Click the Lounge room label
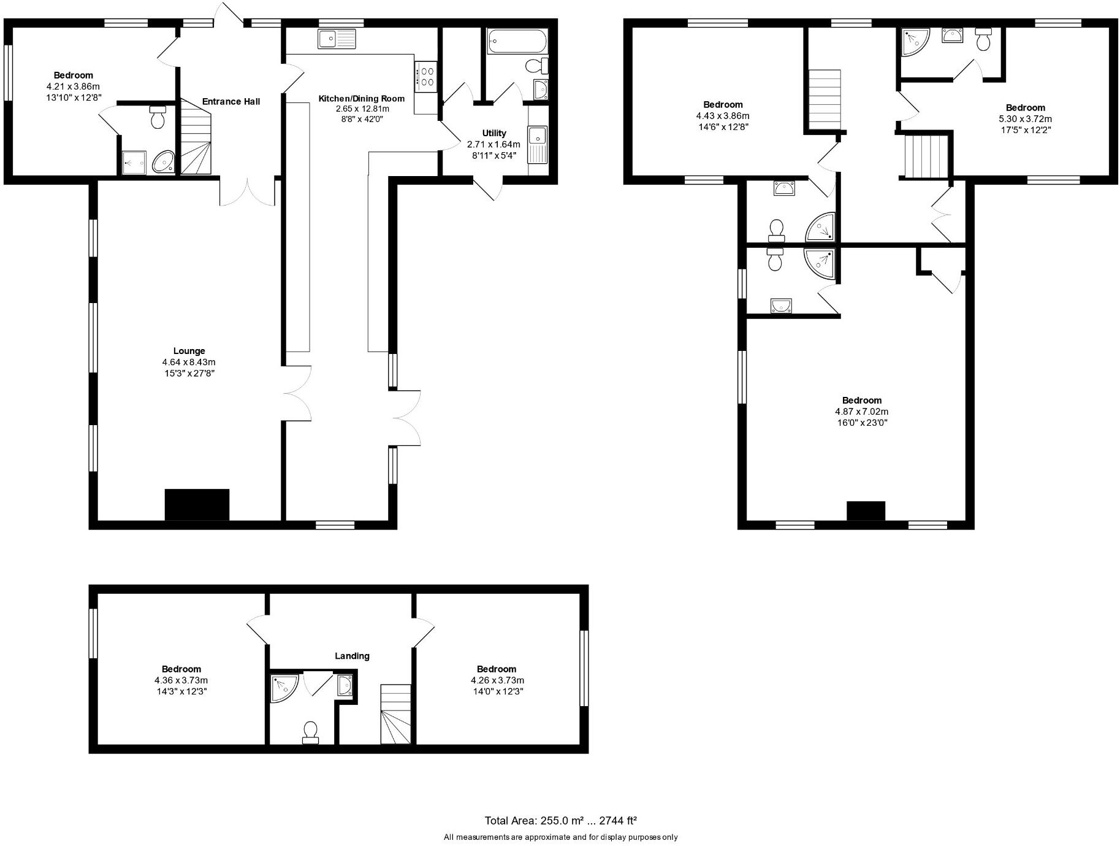click(x=189, y=351)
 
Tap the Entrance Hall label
click(x=231, y=102)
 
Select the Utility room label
click(x=494, y=133)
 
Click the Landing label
click(x=352, y=656)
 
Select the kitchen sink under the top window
click(x=337, y=39)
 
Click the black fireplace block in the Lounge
click(x=197, y=504)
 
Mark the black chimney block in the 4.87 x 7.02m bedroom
click(x=866, y=510)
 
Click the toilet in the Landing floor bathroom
click(x=311, y=732)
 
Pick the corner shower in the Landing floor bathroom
click(x=284, y=688)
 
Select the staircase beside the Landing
click(x=395, y=715)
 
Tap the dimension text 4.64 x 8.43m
click(x=189, y=362)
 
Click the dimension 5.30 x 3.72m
click(x=1025, y=119)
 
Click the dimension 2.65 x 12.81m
click(x=362, y=109)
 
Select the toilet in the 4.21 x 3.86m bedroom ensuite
click(x=158, y=117)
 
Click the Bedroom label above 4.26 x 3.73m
click(x=497, y=669)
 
